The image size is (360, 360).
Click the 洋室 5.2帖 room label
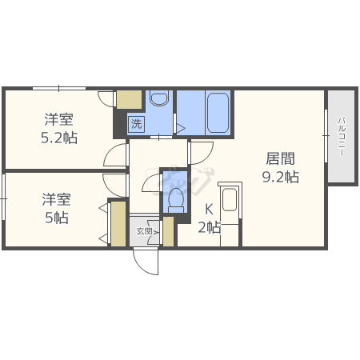pos(59,128)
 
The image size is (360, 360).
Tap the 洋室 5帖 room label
pos(56,208)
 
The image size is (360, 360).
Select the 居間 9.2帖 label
pos(280,168)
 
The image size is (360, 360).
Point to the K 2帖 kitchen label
pos(209,218)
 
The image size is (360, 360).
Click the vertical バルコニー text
pos(341,138)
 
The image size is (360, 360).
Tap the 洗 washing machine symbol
pos(136,124)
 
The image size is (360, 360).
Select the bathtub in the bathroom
pos(218,112)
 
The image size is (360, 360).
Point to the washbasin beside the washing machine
pos(158,100)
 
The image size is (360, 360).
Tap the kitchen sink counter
pos(230,205)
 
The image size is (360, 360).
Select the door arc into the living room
pos(200,152)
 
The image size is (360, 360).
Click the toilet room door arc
pos(152,185)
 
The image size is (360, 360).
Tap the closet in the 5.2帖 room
pos(128,99)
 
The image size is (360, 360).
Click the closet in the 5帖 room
pos(118,224)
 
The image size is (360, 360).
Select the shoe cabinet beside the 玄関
pos(168,230)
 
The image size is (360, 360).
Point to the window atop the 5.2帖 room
pos(58,87)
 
